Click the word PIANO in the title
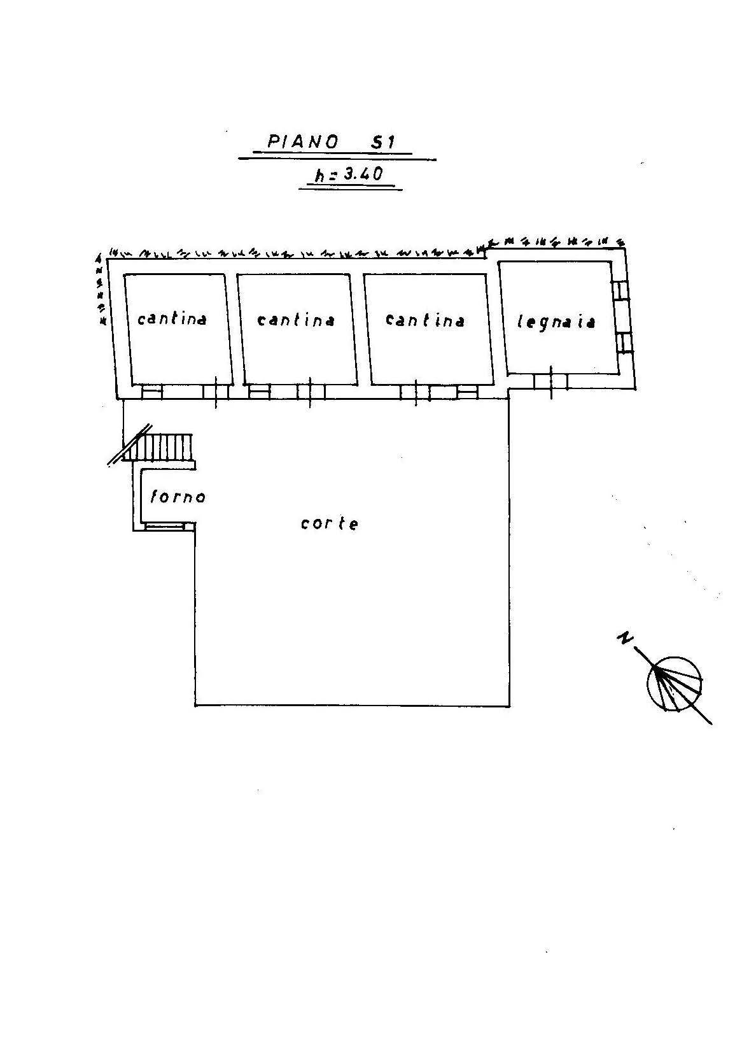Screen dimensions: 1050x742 click(302, 142)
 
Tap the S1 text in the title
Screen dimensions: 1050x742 click(382, 142)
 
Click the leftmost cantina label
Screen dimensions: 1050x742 click(172, 318)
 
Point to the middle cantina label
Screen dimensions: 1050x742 click(296, 319)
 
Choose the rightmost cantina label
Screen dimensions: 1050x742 click(425, 320)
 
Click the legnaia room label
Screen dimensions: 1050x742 click(556, 322)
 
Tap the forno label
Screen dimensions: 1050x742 click(178, 496)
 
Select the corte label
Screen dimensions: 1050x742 click(330, 523)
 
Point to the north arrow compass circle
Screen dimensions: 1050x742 click(675, 684)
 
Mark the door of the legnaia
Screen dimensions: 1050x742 click(550, 381)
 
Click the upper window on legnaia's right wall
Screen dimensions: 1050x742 click(620, 291)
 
